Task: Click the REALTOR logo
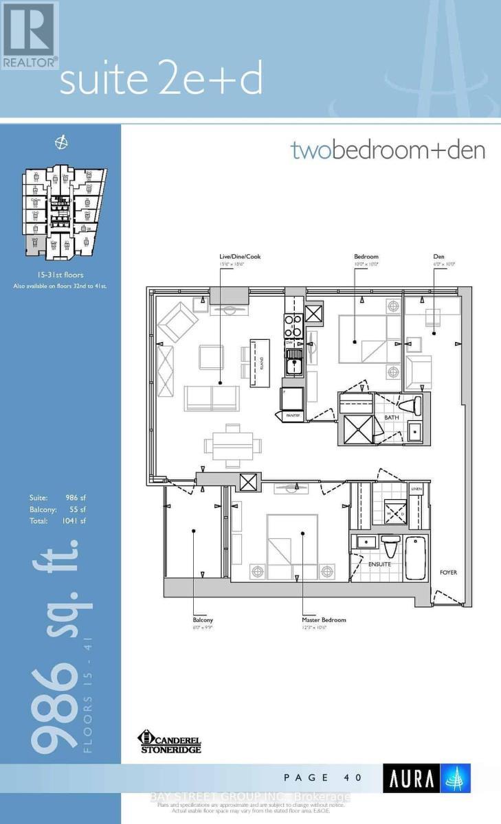tap(28, 34)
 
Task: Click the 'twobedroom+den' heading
tap(388, 150)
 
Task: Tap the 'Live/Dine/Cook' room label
tap(236, 257)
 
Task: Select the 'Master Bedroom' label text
tap(324, 619)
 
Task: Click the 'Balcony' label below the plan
tap(203, 619)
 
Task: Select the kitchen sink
tap(294, 362)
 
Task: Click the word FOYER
tap(449, 572)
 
